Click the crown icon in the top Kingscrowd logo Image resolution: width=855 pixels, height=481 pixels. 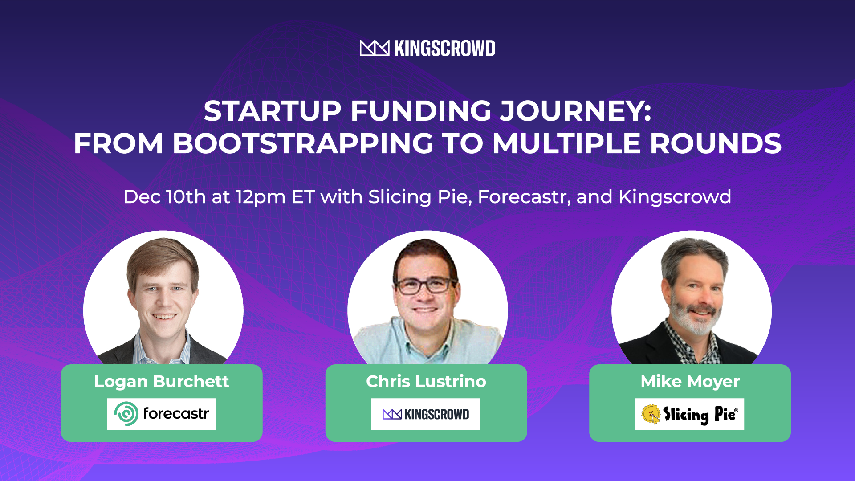coord(374,48)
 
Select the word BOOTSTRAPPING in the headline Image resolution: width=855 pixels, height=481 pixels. coord(303,143)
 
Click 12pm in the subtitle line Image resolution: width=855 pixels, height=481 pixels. coord(261,197)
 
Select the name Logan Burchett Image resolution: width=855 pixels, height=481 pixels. coord(161,382)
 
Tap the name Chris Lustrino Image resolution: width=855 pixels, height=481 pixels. coord(426,382)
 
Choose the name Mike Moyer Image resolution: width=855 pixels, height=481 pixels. coord(690,382)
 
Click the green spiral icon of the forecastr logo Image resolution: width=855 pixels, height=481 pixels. coord(126,414)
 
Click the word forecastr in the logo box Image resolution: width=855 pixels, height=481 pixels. coord(176,414)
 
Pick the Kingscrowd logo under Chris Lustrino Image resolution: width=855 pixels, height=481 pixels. coord(426,414)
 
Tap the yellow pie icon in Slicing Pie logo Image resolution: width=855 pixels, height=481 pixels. coord(651,414)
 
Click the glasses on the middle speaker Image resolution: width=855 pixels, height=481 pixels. coord(425,285)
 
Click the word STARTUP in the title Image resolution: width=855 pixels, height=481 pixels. coord(273,111)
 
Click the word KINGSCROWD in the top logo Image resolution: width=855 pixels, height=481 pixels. coord(444,48)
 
